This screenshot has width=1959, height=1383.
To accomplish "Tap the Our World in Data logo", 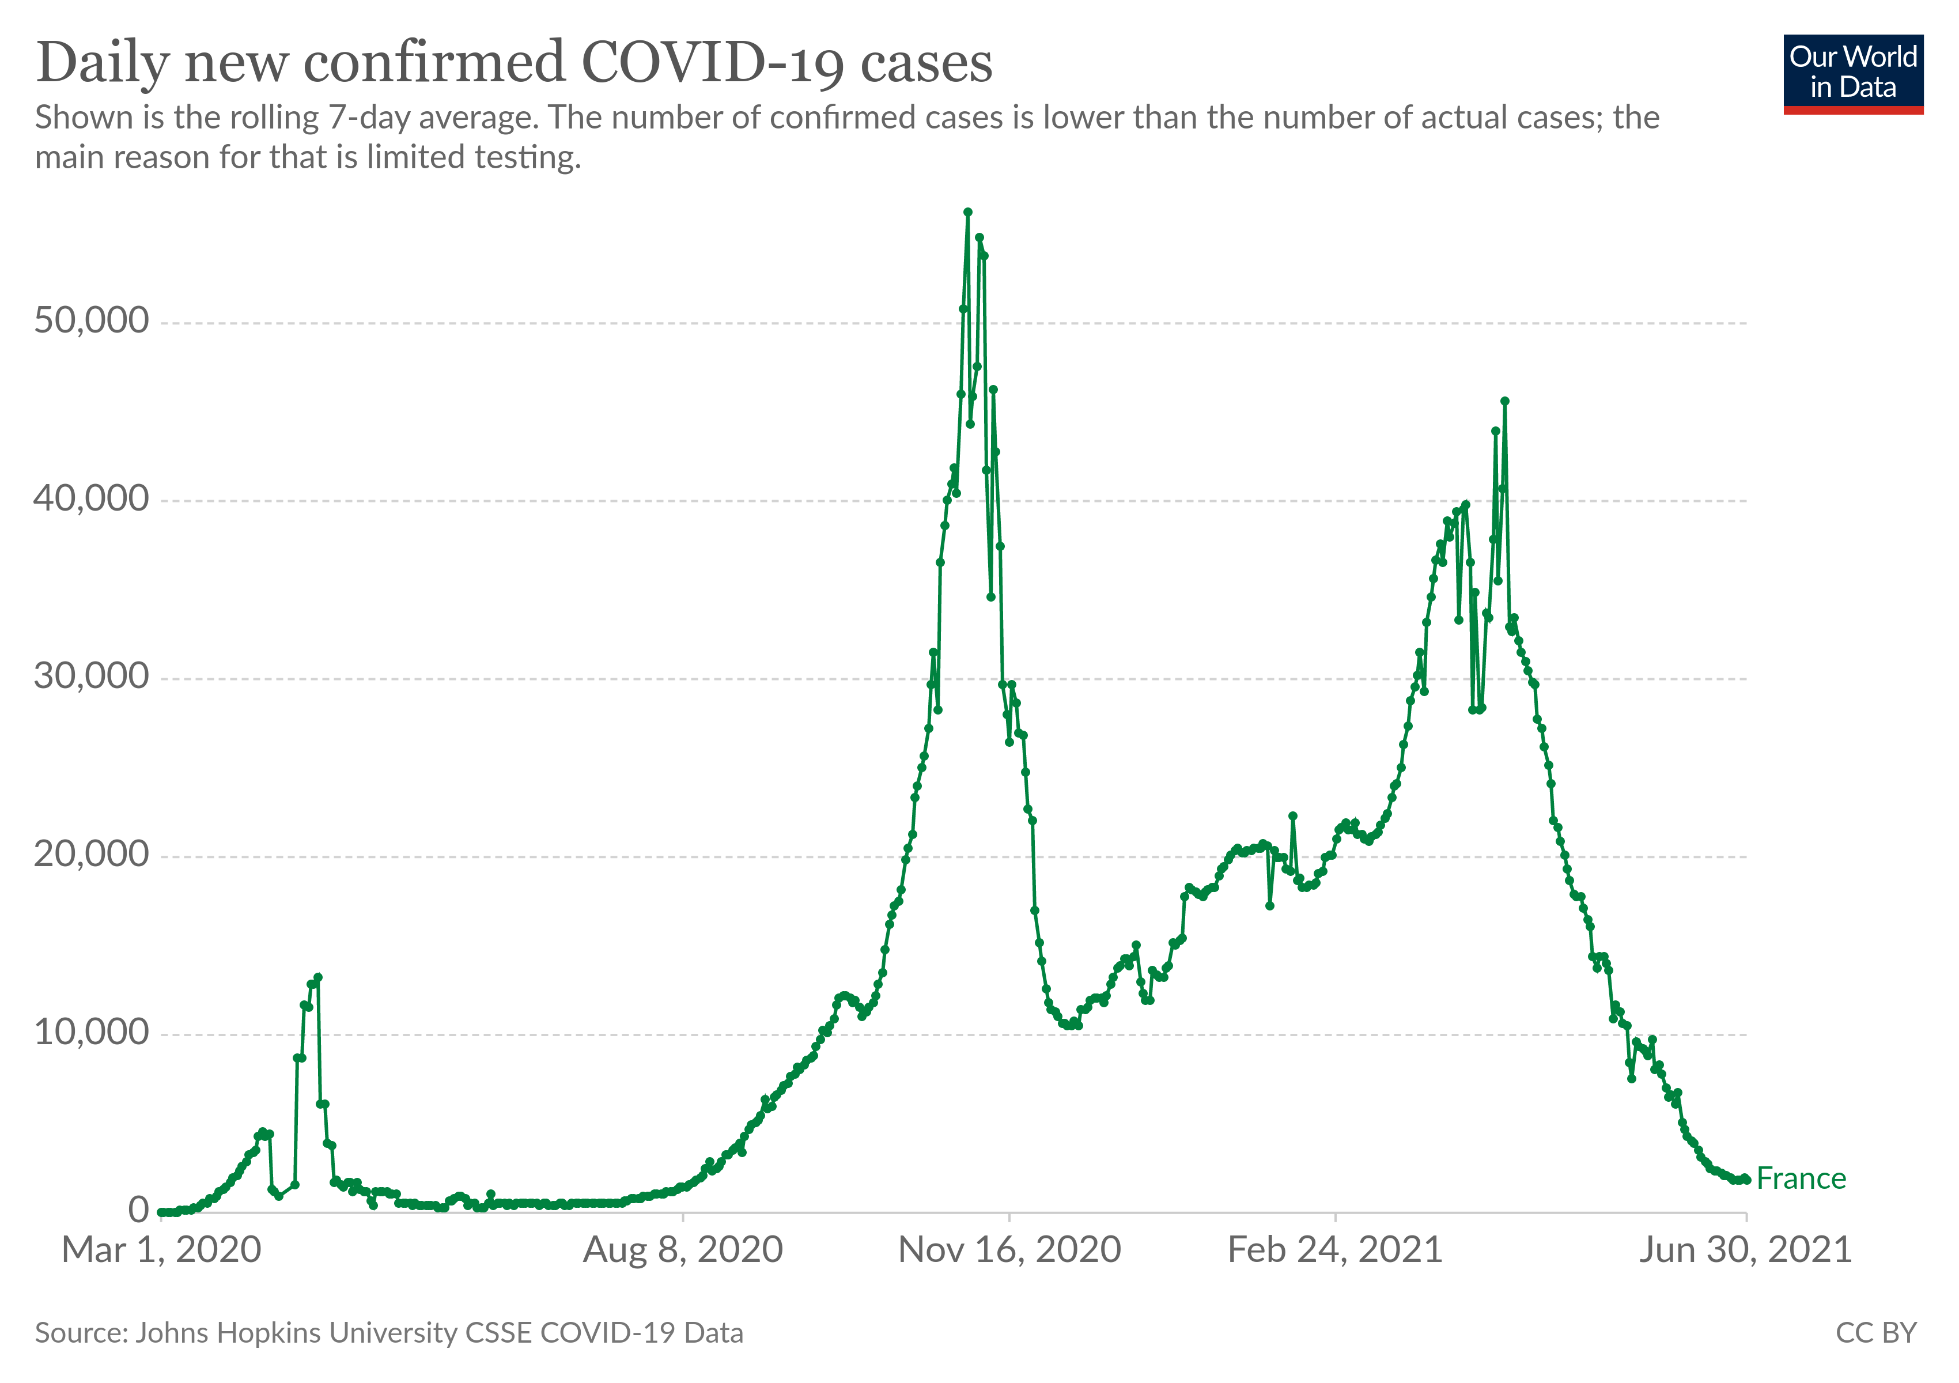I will (x=1852, y=73).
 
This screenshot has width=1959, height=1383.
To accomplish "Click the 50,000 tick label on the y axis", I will (x=91, y=321).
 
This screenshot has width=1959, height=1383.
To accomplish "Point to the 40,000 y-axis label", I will (x=91, y=498).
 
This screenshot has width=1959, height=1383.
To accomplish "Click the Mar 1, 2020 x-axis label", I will (x=161, y=1251).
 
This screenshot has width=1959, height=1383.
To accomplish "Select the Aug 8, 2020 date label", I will (x=683, y=1251).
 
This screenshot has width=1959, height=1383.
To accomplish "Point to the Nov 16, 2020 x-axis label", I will (x=1009, y=1251).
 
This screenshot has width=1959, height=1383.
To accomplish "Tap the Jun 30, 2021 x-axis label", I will (x=1745, y=1251).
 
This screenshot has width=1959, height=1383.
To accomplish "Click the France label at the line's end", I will (x=1801, y=1179).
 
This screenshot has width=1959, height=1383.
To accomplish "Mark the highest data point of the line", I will (x=967, y=213).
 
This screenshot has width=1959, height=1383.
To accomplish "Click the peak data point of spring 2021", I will (x=1504, y=401).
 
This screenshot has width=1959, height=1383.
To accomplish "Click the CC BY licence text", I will (x=1875, y=1333).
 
